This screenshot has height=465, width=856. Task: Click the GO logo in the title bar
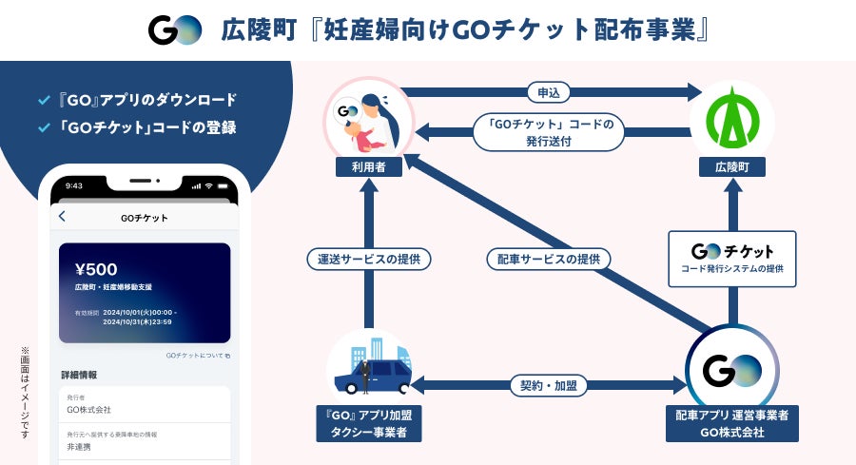pyautogui.click(x=175, y=29)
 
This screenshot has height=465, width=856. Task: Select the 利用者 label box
pyautogui.click(x=369, y=166)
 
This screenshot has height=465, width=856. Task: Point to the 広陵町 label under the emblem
pyautogui.click(x=732, y=166)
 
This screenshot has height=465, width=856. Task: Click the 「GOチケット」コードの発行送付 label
pyautogui.click(x=549, y=132)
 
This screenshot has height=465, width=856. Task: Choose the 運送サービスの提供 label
pyautogui.click(x=369, y=258)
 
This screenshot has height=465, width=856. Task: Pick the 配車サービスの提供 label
pyautogui.click(x=548, y=258)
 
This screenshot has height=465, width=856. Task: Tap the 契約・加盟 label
pyautogui.click(x=549, y=385)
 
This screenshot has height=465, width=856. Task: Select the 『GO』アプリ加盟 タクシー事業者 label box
pyautogui.click(x=368, y=423)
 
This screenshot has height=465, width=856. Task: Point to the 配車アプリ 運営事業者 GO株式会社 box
pyautogui.click(x=731, y=423)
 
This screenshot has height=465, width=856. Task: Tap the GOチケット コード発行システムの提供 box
pyautogui.click(x=731, y=258)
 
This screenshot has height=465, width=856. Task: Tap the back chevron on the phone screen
pyautogui.click(x=63, y=217)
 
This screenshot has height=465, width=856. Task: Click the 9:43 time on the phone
pyautogui.click(x=74, y=186)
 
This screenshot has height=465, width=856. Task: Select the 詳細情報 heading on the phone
pyautogui.click(x=79, y=375)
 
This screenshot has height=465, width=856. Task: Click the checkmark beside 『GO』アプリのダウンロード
pyautogui.click(x=43, y=100)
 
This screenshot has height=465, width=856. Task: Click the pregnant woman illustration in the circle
pyautogui.click(x=368, y=119)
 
